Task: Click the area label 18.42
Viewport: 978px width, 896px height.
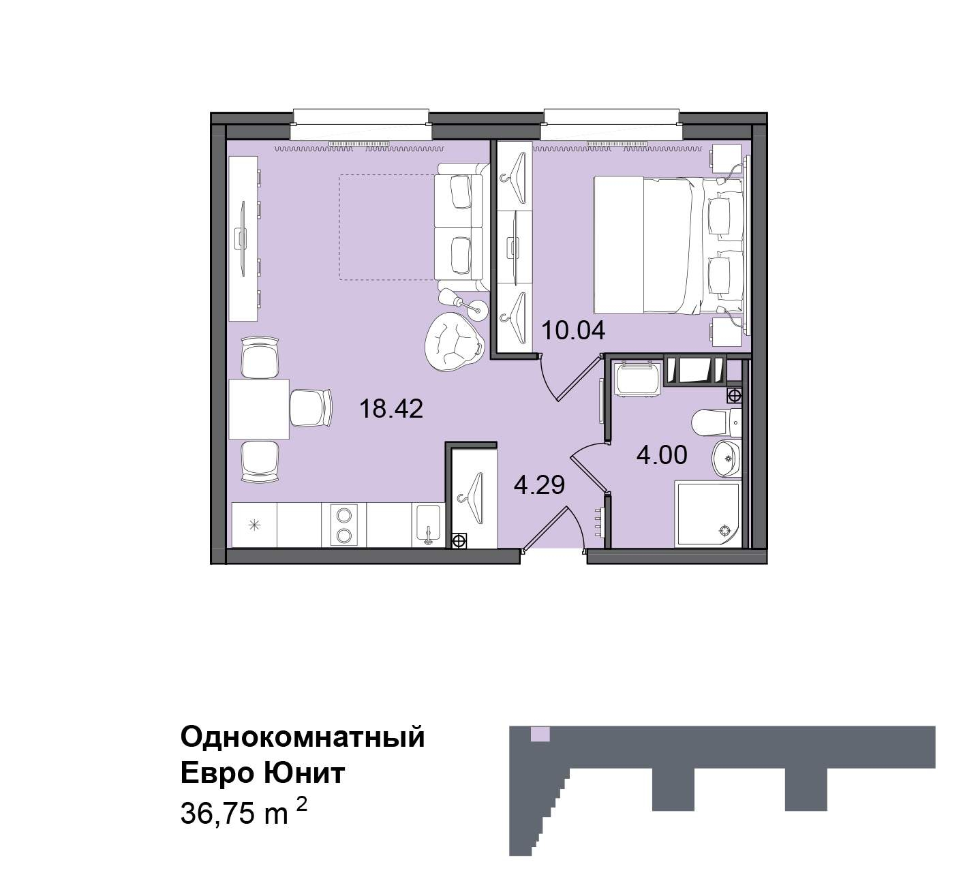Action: tap(391, 409)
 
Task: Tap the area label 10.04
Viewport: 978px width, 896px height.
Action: tap(573, 330)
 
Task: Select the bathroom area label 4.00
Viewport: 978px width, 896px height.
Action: tap(662, 455)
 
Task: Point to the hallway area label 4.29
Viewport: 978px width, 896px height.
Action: tap(539, 484)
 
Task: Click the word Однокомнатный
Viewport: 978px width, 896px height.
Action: tap(303, 737)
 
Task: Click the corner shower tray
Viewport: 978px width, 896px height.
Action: tap(707, 514)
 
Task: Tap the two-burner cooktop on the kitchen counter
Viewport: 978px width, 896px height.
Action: tap(343, 525)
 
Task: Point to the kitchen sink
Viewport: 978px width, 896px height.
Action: tap(428, 525)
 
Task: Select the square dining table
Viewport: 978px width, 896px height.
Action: tap(259, 410)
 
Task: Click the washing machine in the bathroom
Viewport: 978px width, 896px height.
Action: tap(637, 380)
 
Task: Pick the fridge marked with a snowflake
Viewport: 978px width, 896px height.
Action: tap(254, 525)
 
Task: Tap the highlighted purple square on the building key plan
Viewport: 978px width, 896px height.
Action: tap(540, 734)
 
